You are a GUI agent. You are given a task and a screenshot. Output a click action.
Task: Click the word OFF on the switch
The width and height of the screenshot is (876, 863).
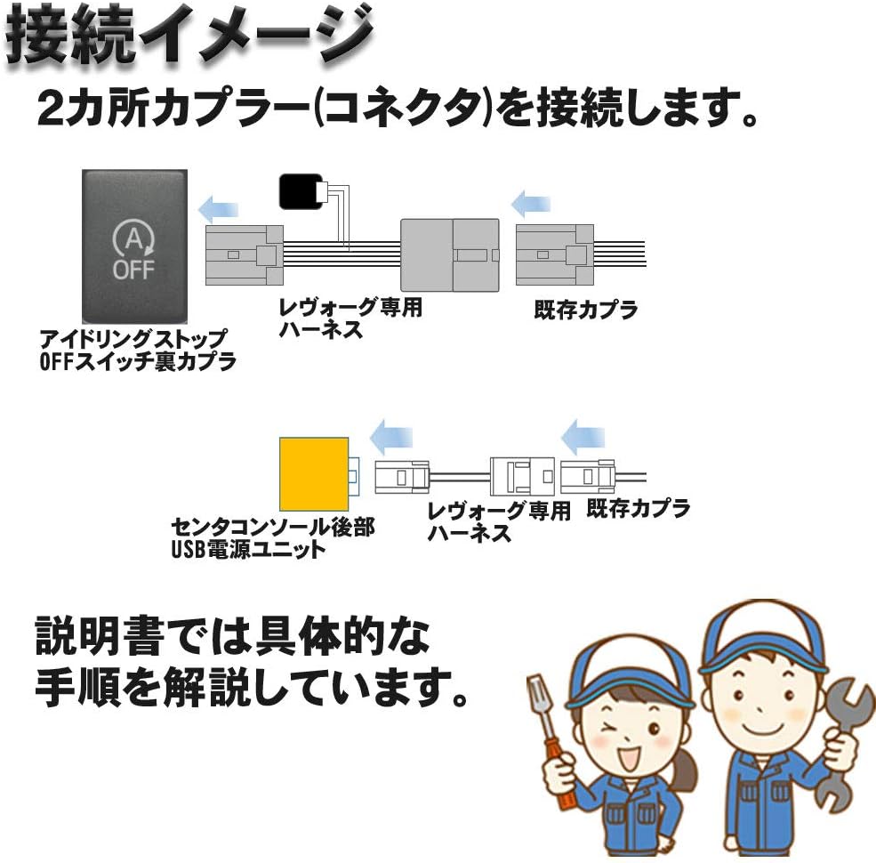133,269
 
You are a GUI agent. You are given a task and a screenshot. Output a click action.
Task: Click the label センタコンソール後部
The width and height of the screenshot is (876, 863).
272,528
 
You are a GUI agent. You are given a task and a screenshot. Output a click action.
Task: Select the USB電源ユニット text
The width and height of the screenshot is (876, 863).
248,549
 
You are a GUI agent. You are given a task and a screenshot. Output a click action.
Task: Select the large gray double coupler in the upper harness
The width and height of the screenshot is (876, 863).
452,254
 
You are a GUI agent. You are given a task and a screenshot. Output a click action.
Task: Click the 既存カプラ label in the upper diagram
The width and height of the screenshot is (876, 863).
586,311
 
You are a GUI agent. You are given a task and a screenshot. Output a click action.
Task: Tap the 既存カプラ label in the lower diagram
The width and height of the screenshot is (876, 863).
638,509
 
